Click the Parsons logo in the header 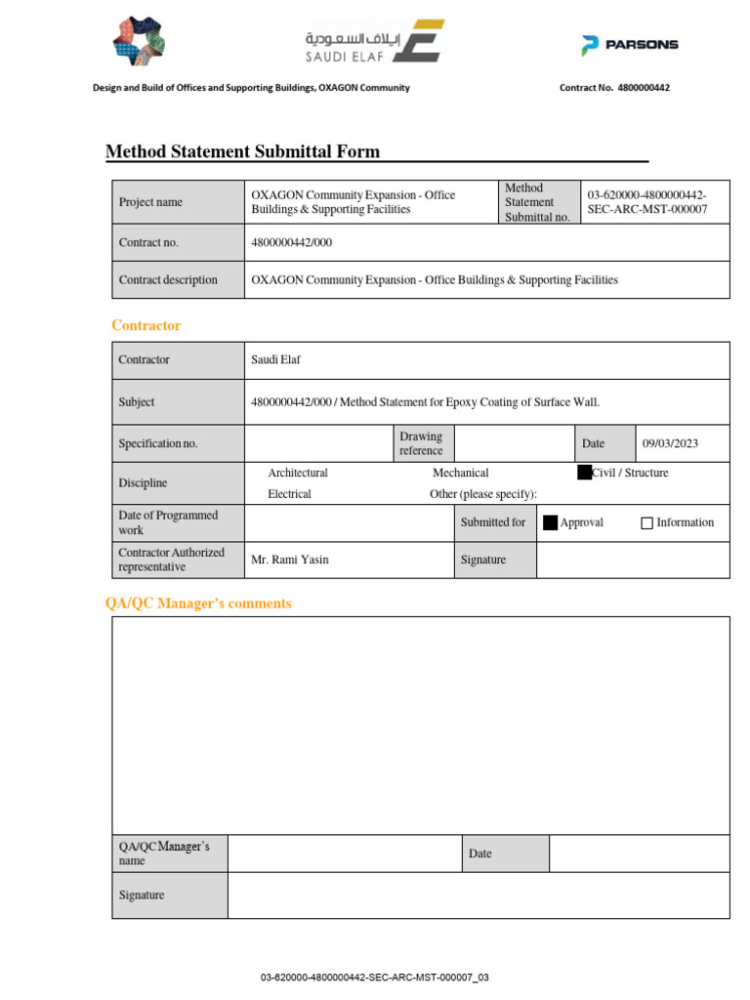(x=629, y=44)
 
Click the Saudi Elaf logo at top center (x=375, y=42)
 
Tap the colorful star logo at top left (x=139, y=40)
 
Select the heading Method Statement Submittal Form (x=242, y=151)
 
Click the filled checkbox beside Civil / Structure (x=584, y=473)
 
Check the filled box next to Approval (x=550, y=522)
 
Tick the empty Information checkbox (x=646, y=523)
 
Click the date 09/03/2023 (x=670, y=443)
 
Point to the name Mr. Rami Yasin (x=290, y=560)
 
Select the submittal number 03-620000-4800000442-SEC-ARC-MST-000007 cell (x=646, y=202)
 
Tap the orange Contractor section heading (x=146, y=325)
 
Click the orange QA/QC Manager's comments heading (x=198, y=604)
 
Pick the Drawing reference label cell (x=421, y=443)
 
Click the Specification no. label (x=158, y=443)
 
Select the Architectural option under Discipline (x=298, y=473)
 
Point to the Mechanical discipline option (x=460, y=473)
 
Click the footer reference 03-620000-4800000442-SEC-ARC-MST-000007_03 (x=374, y=978)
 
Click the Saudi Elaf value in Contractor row (x=276, y=359)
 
